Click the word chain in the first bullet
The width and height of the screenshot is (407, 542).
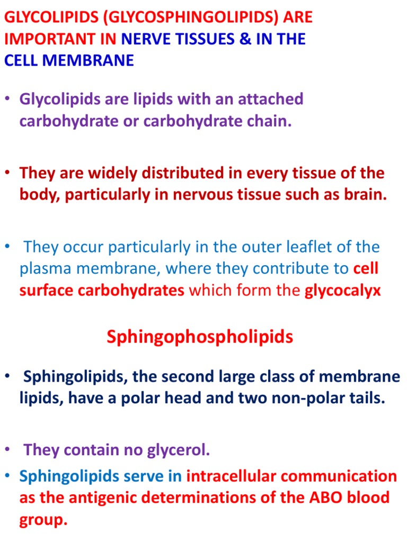tap(271, 121)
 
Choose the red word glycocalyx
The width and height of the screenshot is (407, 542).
tap(343, 290)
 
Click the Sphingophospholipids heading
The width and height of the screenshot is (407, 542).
tap(199, 337)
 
